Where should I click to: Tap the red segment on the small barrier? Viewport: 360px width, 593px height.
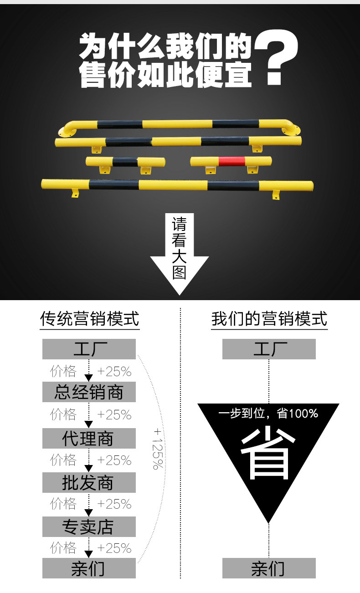(231, 161)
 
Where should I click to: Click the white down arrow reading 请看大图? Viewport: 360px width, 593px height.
(180, 253)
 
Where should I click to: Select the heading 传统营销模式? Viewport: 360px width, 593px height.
(89, 319)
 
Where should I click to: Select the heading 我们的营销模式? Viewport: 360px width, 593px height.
(269, 319)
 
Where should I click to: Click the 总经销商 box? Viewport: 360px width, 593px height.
(89, 392)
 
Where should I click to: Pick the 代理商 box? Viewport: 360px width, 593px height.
(89, 439)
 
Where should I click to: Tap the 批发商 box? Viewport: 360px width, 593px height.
(89, 483)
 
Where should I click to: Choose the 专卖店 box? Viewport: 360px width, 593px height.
(89, 527)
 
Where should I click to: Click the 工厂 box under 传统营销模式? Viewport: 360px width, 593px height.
(89, 349)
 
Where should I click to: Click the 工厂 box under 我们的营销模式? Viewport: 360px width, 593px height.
(269, 349)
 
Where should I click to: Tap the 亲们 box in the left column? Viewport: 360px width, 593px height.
(89, 568)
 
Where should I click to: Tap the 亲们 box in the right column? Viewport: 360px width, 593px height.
(269, 568)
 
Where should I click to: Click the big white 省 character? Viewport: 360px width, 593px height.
(266, 455)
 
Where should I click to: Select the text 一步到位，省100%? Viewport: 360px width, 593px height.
(268, 414)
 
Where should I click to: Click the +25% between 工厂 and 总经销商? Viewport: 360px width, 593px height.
(114, 372)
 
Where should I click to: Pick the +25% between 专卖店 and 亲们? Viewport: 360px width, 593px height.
(114, 547)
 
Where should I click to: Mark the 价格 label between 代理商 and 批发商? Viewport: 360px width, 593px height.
(63, 460)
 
